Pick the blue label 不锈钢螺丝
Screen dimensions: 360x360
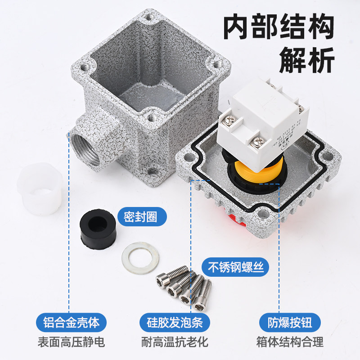pyautogui.click(x=235, y=267)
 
